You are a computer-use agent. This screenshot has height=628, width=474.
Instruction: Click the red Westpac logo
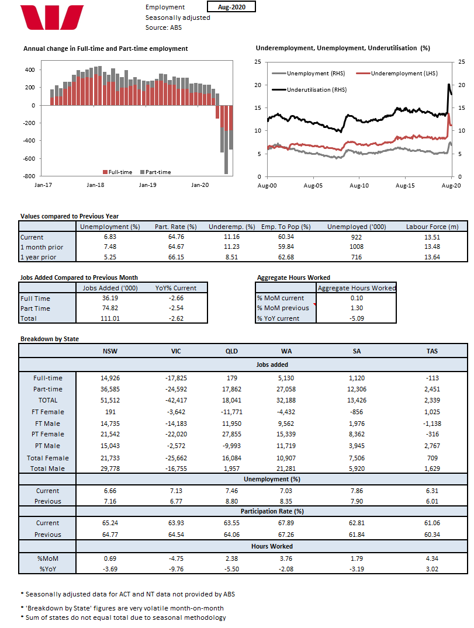[x=52, y=18]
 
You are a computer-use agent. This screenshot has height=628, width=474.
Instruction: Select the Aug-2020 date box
[x=231, y=7]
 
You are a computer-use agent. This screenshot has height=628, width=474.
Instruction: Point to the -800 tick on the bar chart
[x=27, y=176]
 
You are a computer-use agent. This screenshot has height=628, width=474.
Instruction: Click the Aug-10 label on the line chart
[x=359, y=185]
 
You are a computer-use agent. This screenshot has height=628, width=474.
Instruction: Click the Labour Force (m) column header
[x=433, y=227]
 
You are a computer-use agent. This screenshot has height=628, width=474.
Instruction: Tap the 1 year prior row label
[x=39, y=257]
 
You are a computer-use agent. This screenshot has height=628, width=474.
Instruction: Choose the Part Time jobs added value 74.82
[x=103, y=308]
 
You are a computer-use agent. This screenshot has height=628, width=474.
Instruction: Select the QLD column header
[x=231, y=351]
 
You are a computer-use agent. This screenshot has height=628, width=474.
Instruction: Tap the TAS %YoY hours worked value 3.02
[x=433, y=568]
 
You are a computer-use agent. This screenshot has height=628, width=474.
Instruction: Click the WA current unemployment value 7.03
[x=286, y=491]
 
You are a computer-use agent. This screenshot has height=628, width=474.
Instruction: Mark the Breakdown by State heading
[x=50, y=339]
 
